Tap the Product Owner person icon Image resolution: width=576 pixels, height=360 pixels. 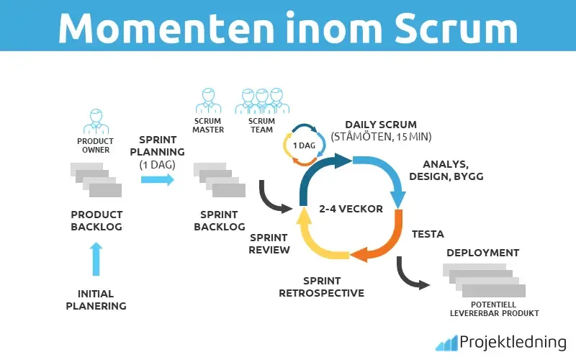click(x=96, y=121)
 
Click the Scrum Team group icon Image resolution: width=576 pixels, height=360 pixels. click(x=261, y=101)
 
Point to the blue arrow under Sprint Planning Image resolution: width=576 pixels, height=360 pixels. click(x=157, y=179)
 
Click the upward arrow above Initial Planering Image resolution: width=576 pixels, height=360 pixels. click(x=96, y=259)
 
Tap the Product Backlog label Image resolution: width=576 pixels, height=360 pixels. click(x=96, y=220)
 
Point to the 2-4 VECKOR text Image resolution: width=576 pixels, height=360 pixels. click(x=351, y=210)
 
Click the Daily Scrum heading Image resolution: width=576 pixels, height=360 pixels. click(x=380, y=125)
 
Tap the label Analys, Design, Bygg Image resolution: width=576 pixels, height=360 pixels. click(x=446, y=171)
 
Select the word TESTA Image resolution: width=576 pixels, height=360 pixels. click(x=428, y=234)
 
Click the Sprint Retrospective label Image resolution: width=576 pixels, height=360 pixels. click(x=323, y=287)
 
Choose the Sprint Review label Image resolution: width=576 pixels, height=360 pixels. click(x=269, y=243)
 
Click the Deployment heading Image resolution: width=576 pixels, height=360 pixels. click(x=482, y=253)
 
